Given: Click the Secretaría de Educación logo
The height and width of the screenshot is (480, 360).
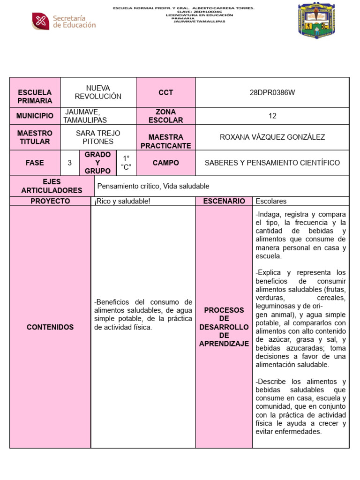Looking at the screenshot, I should click(x=64, y=21).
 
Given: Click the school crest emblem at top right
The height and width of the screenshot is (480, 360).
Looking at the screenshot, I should click(x=317, y=21).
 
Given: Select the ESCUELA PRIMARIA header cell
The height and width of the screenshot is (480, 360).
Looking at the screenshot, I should click(x=35, y=97).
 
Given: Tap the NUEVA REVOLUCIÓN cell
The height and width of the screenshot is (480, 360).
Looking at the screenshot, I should click(x=98, y=92).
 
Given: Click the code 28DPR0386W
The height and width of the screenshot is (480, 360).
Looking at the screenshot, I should click(x=272, y=92).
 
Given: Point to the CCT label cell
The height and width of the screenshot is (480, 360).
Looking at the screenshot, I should click(x=165, y=92).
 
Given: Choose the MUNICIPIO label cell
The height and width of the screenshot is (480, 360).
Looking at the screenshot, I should click(x=35, y=116).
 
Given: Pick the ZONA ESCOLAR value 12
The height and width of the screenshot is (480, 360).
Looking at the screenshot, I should click(x=272, y=116).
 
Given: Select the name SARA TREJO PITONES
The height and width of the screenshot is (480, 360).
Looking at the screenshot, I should click(x=98, y=137).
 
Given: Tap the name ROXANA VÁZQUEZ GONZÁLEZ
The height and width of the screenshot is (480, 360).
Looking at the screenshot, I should click(x=272, y=137).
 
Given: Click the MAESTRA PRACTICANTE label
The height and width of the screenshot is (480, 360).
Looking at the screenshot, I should click(x=165, y=141).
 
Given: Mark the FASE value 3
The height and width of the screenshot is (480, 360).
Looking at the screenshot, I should click(x=69, y=163).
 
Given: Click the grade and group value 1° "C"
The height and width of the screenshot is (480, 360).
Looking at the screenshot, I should click(x=126, y=163).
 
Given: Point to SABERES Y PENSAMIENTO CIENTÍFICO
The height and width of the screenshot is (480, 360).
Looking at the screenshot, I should click(x=272, y=163).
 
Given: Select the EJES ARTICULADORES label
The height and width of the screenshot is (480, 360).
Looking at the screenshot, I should click(x=52, y=186).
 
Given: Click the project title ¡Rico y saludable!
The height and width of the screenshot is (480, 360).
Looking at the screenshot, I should click(x=122, y=201).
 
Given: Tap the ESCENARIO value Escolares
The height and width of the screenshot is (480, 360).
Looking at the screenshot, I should click(x=271, y=201).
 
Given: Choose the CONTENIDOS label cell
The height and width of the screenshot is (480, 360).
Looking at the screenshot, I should click(x=50, y=327).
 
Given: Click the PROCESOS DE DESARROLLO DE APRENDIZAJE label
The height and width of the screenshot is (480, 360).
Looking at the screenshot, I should click(x=224, y=327).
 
